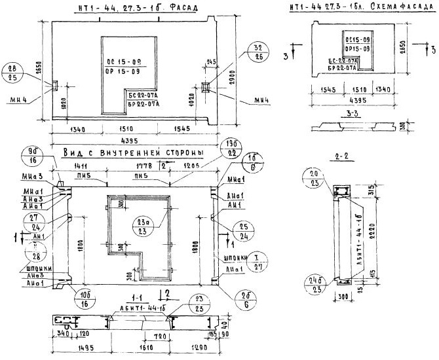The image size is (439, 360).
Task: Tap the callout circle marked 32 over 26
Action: tap(257, 52)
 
